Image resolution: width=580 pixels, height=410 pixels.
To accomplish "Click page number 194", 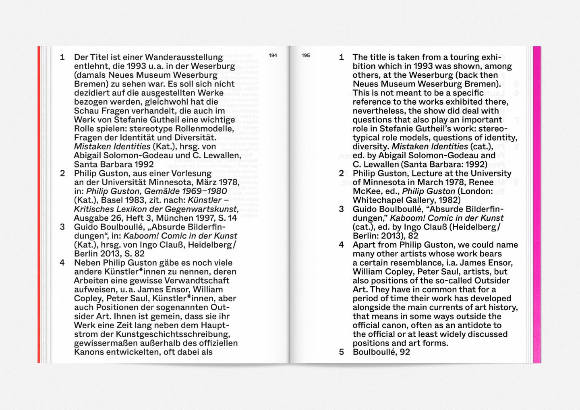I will [x=273, y=56].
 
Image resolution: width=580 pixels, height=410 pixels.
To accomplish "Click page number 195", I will [x=306, y=56].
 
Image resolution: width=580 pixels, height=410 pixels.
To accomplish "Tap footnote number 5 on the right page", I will [x=341, y=352].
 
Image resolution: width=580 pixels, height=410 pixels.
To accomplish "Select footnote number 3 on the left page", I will [x=62, y=227].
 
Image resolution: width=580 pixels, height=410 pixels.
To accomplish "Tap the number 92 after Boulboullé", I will [x=404, y=352].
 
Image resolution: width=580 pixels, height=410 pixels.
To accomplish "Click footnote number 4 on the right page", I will [x=341, y=245].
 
